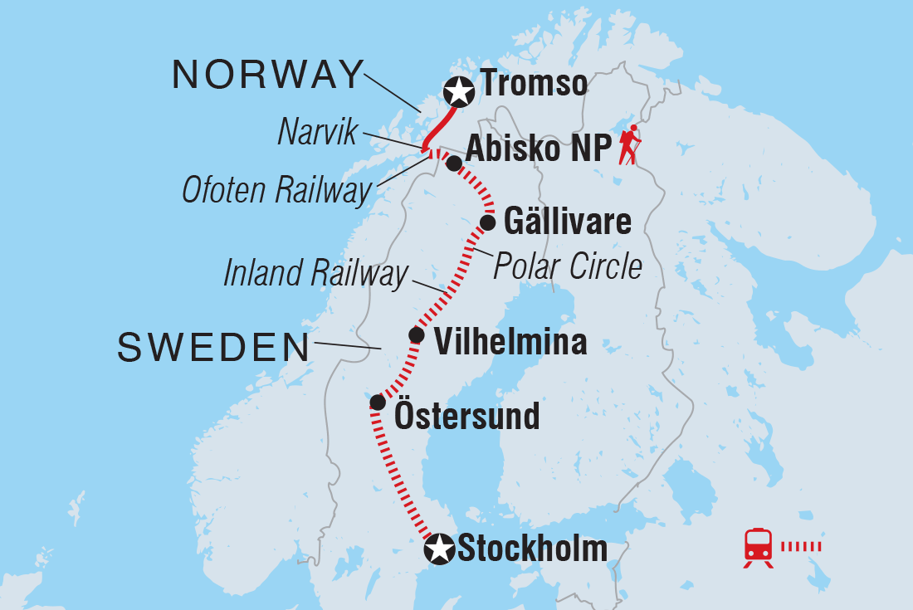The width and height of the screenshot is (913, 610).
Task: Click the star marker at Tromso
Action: pos(457,90)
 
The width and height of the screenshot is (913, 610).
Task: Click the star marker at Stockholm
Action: pos(439,549)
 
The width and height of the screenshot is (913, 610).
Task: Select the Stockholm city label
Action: pos(532,549)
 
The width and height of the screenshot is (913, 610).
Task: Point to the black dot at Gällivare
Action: pos(488,222)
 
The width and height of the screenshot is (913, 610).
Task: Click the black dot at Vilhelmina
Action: pos(417,335)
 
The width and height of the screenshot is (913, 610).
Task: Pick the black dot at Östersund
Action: pos(377,403)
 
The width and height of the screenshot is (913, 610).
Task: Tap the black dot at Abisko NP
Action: pos(453,163)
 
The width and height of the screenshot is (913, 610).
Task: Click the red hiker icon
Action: pos(631,145)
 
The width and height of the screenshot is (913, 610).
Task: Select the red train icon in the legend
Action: pos(759,546)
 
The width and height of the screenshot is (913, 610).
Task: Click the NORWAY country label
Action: pos(267,76)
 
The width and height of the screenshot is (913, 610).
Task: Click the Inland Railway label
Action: pos(316,275)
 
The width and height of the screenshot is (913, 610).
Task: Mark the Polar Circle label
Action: pos(568,266)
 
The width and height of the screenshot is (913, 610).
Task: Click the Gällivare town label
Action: pos(568,222)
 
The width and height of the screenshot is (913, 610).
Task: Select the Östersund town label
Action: pos(466,415)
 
